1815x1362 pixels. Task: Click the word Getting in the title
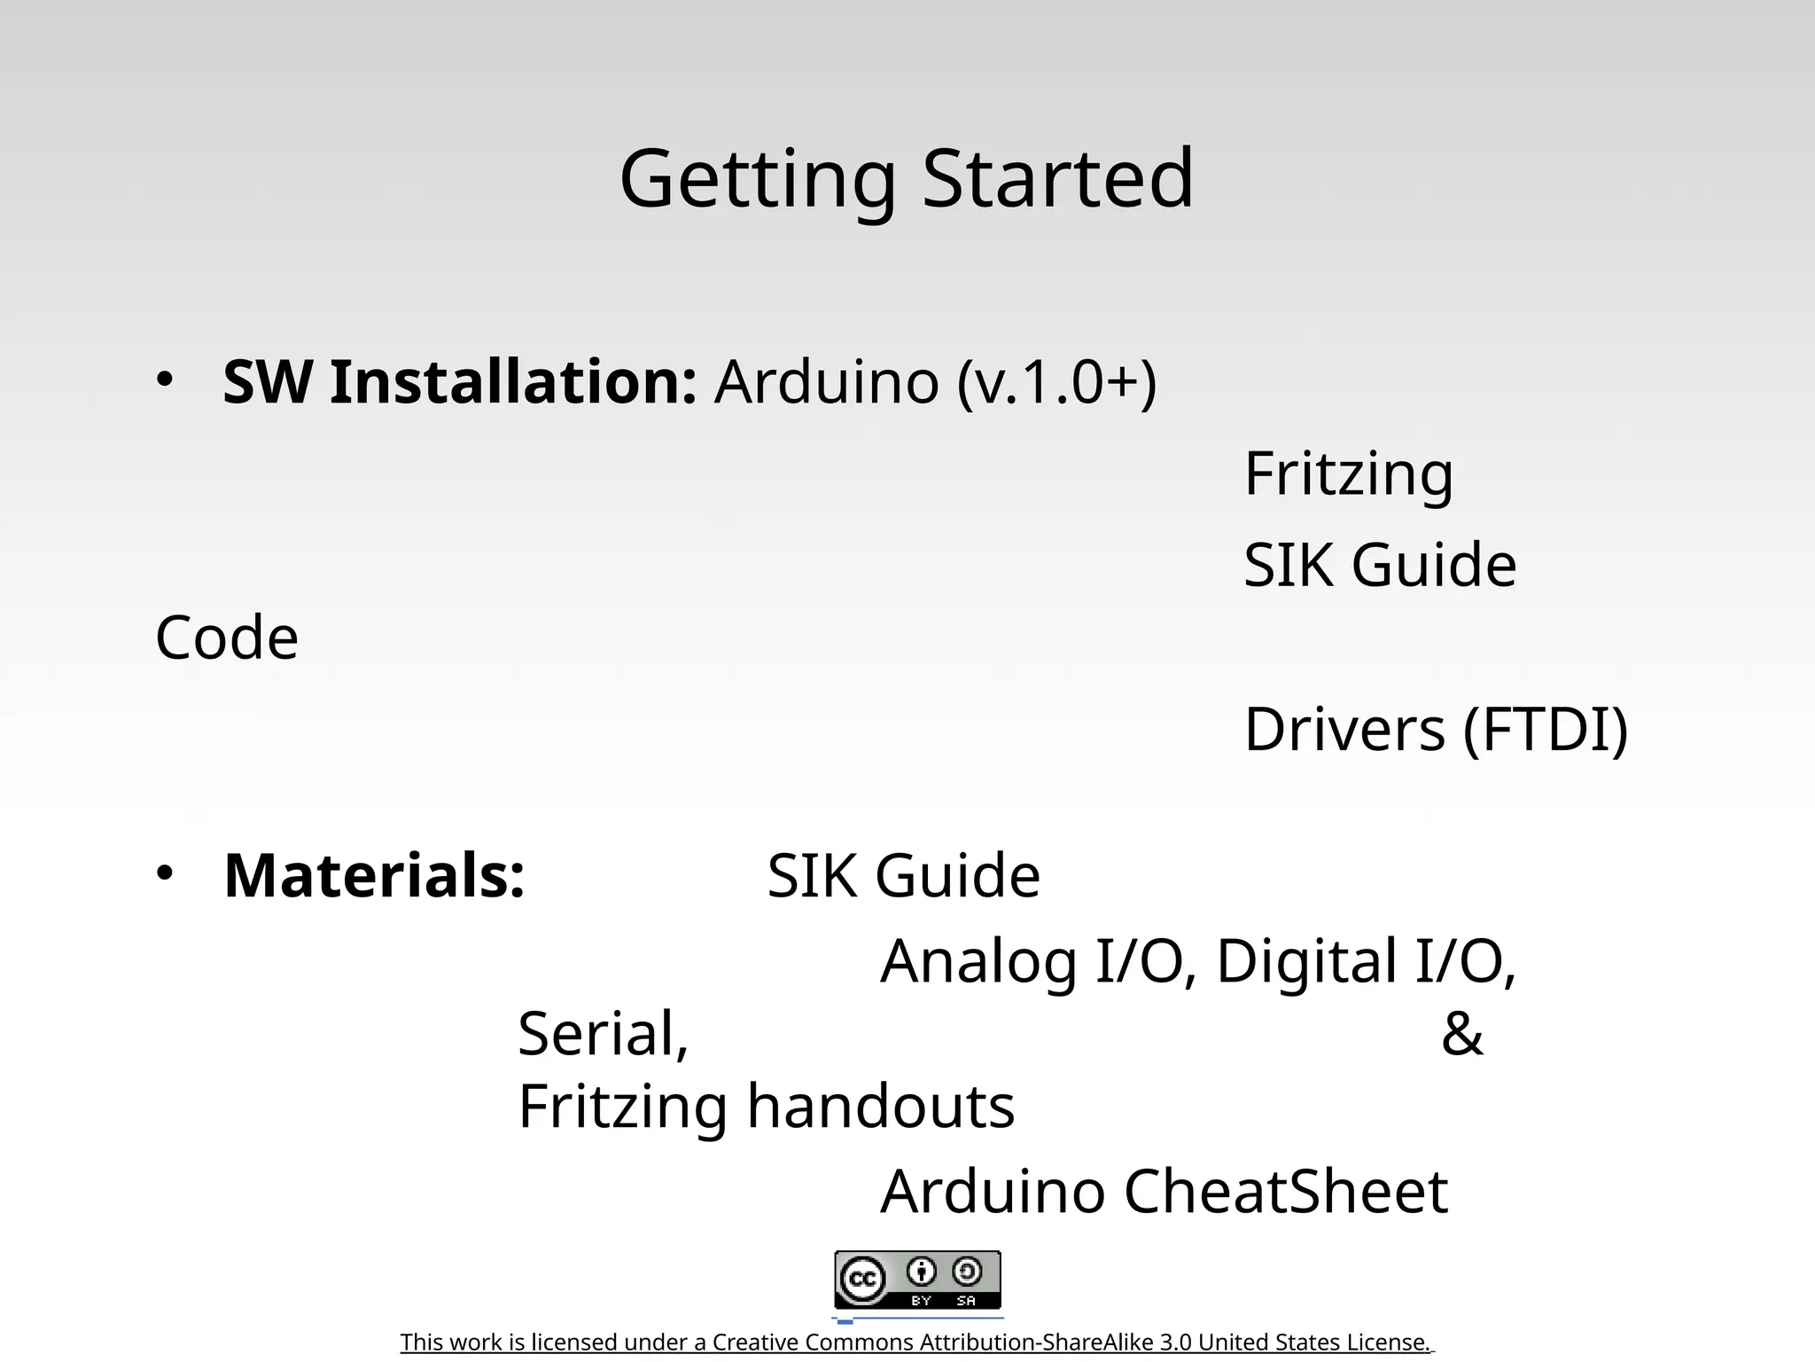(757, 179)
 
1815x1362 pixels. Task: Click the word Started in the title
(1058, 179)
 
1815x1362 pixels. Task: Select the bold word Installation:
(513, 383)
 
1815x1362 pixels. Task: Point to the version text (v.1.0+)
(1057, 383)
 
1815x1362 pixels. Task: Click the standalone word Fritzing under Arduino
(1348, 474)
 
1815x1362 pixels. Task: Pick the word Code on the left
(227, 638)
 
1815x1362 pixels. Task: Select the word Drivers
(1344, 730)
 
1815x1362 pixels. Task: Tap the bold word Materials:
(374, 876)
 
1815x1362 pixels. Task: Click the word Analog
(978, 961)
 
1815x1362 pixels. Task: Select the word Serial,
(603, 1035)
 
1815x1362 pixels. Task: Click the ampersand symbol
(1462, 1035)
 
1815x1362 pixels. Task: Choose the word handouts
(880, 1107)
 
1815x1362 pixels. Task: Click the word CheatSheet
(1286, 1192)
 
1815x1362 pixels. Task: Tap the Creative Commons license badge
(917, 1280)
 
